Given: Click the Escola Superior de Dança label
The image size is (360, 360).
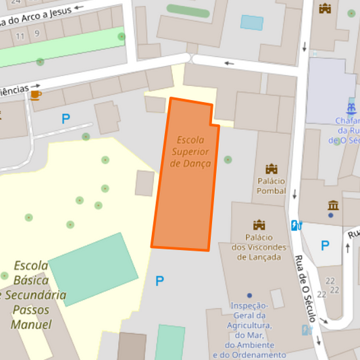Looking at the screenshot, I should click(190, 151).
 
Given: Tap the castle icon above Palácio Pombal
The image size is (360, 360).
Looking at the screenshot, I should click(272, 168).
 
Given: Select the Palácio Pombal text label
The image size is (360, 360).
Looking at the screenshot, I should click(271, 186).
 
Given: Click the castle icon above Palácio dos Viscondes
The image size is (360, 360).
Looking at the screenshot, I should click(259, 225).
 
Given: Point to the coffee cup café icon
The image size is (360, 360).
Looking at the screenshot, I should click(35, 95).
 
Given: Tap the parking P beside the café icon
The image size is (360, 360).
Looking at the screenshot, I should click(66, 119).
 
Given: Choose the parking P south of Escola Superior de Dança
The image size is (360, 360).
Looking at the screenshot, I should click(159, 281).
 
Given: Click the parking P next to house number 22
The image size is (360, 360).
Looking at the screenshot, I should click(325, 246).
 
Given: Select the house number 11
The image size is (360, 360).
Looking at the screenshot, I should click(20, 35).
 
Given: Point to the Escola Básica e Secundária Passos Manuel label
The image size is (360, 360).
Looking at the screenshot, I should click(32, 294).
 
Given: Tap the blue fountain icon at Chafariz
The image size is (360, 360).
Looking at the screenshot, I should click(351, 108).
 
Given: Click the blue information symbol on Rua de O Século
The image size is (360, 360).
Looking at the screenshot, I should click(295, 226).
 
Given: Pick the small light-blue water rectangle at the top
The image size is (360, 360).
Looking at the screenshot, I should click(252, 22).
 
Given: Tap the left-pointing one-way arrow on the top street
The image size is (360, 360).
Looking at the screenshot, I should click(230, 63).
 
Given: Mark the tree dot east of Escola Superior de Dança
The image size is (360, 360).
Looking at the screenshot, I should click(228, 160).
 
